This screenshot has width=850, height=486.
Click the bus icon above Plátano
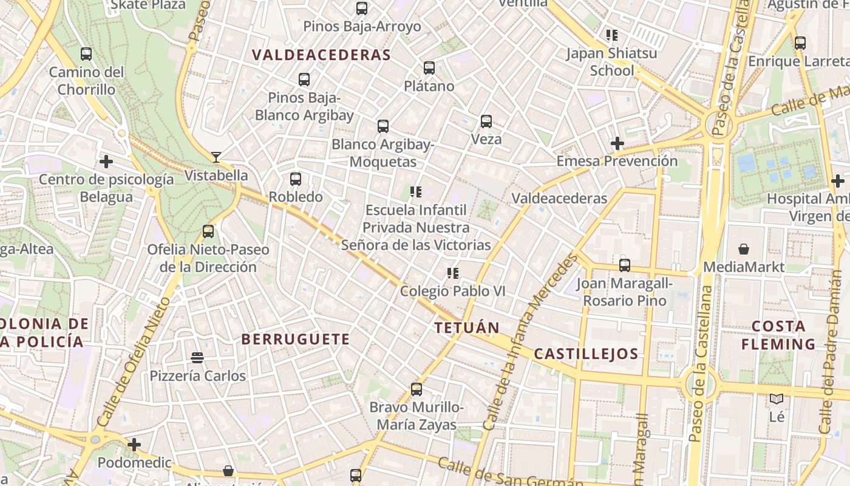point(429,67)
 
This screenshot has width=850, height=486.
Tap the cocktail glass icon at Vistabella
point(216,157)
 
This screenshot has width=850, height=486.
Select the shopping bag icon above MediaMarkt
point(744,249)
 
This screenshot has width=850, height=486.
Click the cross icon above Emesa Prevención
point(617,143)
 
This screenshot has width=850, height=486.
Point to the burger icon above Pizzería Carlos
point(197,357)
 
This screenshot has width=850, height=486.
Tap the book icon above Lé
point(777,399)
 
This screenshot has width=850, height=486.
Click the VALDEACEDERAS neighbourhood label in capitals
point(321,55)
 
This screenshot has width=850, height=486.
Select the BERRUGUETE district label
point(296,339)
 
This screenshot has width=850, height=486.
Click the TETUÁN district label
point(467,328)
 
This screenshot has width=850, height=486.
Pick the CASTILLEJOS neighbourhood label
point(586,354)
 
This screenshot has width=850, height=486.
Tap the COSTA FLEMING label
point(778,335)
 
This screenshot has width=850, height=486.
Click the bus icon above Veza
point(486,121)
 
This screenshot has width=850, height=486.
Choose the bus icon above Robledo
point(296,179)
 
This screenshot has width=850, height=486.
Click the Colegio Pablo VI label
point(452,291)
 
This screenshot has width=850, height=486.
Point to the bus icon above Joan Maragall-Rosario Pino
point(625,265)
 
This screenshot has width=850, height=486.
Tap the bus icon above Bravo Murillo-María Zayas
point(416,389)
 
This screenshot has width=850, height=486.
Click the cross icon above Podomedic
point(134,445)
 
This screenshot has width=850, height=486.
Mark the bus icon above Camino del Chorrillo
point(86,54)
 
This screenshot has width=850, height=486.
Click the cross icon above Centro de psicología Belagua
point(106,162)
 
